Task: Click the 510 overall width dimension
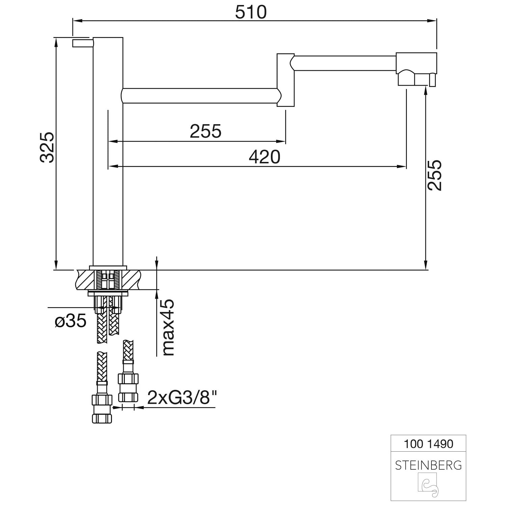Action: tap(251, 12)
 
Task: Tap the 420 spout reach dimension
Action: tap(264, 157)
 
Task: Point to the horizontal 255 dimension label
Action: tap(205, 131)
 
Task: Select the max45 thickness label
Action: tap(168, 327)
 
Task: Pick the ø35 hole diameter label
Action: tap(71, 321)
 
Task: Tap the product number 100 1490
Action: tap(428, 444)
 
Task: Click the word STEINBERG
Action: tap(428, 466)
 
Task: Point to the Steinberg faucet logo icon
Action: tap(428, 485)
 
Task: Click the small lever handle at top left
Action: tap(83, 43)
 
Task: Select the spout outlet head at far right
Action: tap(416, 69)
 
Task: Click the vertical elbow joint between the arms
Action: tap(286, 80)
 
